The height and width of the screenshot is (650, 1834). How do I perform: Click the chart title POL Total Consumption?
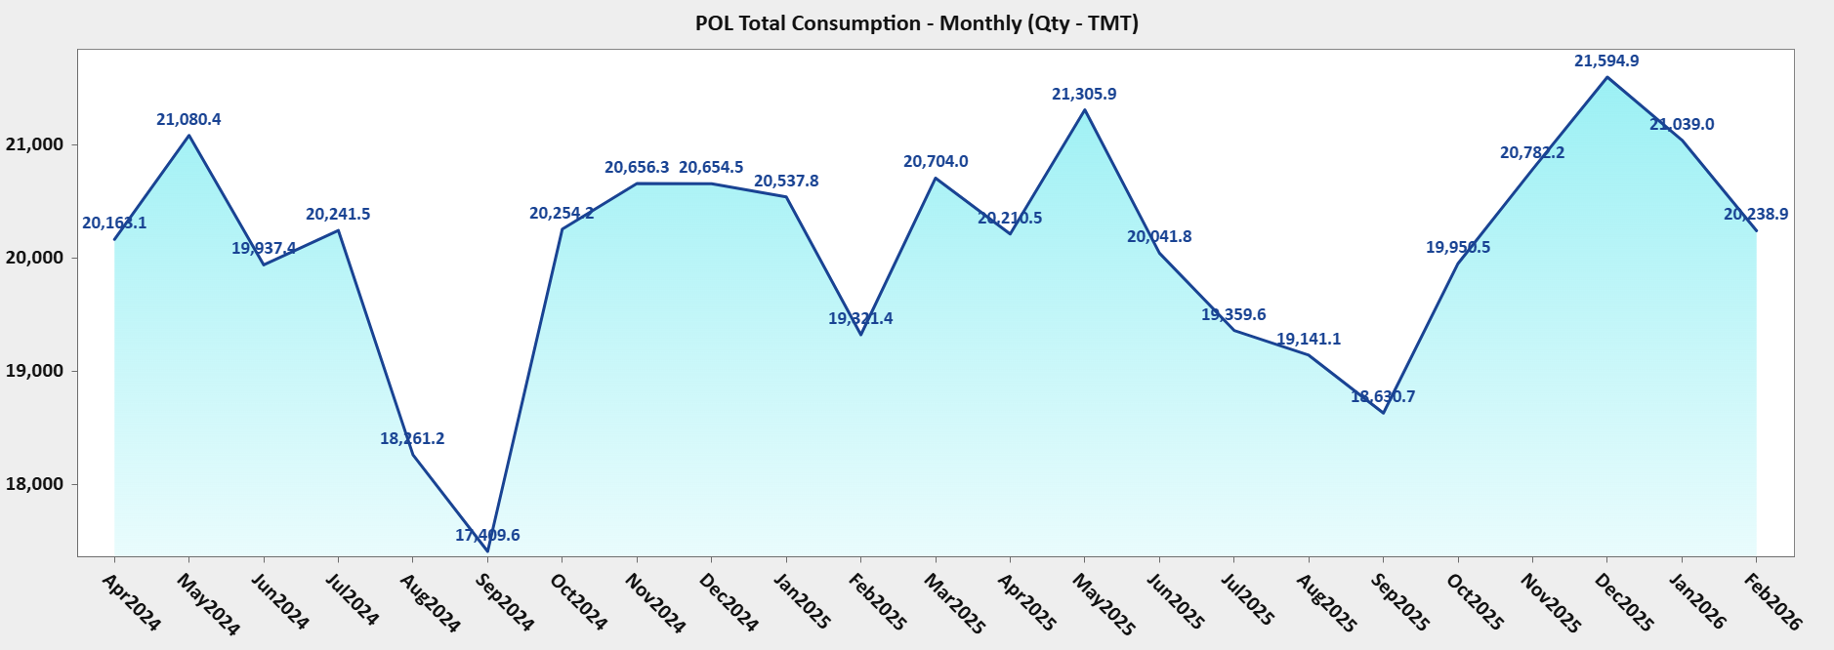point(916,23)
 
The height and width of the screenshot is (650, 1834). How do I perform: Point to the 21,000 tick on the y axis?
point(34,144)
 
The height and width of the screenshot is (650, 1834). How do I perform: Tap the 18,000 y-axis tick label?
point(34,484)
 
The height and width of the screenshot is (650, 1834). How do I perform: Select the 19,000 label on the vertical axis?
point(34,371)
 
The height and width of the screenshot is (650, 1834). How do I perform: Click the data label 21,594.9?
point(1606,61)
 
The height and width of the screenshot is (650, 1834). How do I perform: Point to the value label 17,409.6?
point(487,535)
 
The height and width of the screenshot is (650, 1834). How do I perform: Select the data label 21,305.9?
point(1084,94)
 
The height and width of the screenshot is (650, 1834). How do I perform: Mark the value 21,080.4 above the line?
point(188,119)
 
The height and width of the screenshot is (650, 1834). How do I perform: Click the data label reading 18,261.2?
point(412,438)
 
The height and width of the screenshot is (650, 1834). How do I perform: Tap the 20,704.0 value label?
point(936,161)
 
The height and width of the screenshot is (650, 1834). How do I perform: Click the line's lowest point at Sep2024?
point(487,551)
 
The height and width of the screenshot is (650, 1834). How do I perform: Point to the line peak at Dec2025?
point(1607,77)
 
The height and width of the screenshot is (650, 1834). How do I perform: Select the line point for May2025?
point(1084,109)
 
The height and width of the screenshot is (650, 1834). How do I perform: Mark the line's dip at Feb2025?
point(860,335)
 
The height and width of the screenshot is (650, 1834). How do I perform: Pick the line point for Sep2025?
point(1383,413)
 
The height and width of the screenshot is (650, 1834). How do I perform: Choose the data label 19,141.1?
point(1309,339)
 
